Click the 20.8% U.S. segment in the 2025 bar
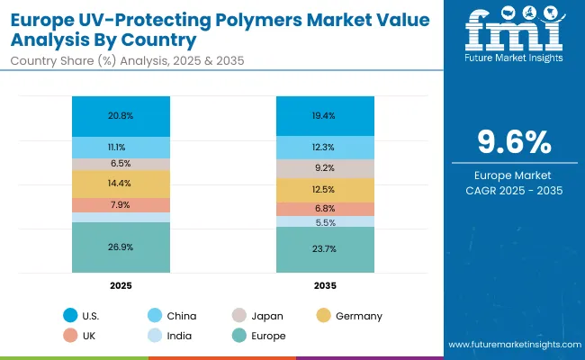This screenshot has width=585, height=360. [121, 117]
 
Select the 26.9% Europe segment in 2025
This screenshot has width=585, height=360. [121, 247]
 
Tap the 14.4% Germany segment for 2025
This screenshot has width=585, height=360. [121, 184]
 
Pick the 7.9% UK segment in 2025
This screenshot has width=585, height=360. [121, 205]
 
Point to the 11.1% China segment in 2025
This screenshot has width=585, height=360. [121, 147]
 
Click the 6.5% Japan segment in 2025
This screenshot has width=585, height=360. [121, 164]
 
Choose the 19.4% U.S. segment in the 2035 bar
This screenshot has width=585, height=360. [325, 117]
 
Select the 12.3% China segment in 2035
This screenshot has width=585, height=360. [325, 148]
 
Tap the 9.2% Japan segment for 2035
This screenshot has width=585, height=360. [325, 168]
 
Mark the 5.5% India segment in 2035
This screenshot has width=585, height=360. [325, 221]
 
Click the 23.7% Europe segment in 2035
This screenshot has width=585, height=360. [325, 249]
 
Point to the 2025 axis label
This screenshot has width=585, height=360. [121, 285]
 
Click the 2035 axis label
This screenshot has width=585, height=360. [325, 285]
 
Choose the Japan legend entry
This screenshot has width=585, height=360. [267, 316]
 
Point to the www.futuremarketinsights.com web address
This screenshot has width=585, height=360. [510, 345]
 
